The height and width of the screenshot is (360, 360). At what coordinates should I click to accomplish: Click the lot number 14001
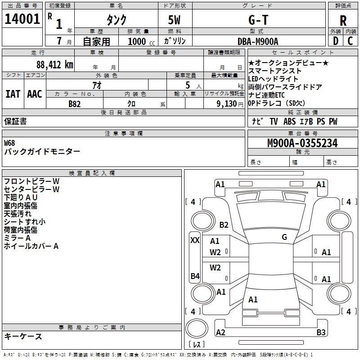point(22,19)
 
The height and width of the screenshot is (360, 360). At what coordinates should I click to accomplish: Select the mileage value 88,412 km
point(55,65)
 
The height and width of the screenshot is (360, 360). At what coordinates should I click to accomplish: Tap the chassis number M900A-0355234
point(302,143)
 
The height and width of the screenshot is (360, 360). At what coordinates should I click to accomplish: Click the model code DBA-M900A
point(258,41)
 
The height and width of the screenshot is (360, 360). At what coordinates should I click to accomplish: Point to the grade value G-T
point(258,20)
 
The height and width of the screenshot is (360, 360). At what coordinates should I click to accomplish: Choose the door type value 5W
point(174,20)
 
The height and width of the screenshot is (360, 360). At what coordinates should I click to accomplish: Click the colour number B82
point(75,104)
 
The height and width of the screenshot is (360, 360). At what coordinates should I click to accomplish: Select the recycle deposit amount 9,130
point(227,104)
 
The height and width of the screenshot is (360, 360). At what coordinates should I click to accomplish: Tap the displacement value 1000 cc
point(141,41)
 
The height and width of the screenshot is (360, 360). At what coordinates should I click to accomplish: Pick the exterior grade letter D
point(336,41)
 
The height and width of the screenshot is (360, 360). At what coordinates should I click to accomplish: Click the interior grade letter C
point(350,41)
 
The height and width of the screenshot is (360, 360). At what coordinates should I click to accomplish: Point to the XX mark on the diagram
point(195,240)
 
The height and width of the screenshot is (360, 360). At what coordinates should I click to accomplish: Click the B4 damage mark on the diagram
point(195,276)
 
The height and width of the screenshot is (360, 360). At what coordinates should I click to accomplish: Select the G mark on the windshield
point(284,237)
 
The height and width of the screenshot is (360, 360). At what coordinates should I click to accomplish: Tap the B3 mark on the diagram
point(321,332)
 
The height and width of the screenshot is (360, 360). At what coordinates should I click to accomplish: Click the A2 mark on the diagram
point(220,332)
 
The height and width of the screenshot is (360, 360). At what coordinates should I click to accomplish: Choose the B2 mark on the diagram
point(224,225)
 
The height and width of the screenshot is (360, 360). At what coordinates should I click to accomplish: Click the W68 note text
point(9,143)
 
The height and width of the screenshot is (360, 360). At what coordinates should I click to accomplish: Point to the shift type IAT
point(13,94)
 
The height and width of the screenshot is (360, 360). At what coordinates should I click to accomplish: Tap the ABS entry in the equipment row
point(289,121)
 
